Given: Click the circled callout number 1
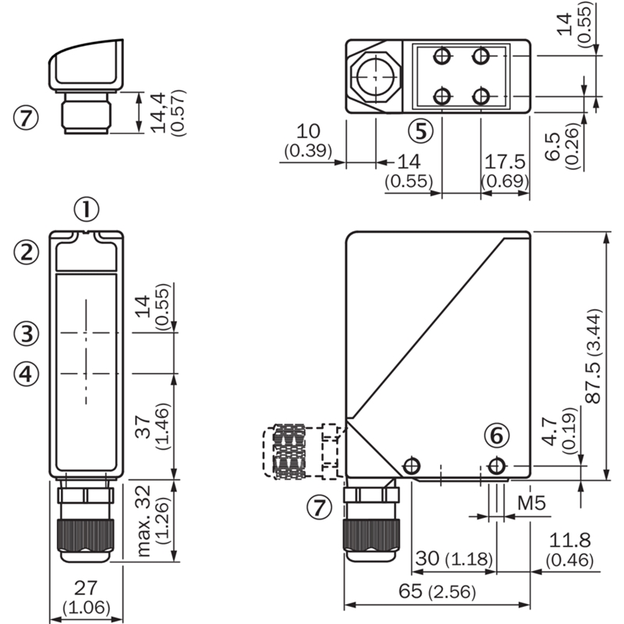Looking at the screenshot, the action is [x=87, y=210].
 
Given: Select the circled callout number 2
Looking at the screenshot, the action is [x=27, y=252].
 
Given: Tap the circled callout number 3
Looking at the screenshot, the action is [x=27, y=333].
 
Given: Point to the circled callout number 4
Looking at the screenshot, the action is [x=27, y=374].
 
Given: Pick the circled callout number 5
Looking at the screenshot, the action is [x=420, y=131].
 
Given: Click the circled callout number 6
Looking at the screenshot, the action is [x=497, y=435].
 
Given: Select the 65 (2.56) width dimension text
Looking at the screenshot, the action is [x=437, y=591].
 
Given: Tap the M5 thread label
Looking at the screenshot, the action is [x=531, y=503].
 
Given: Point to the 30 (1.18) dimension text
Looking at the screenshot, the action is [x=454, y=558].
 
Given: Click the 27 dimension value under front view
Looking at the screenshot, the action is [x=86, y=588].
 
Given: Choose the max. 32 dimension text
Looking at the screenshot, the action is [x=144, y=520].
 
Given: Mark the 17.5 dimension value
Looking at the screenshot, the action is [x=505, y=161].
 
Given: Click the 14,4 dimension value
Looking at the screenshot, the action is [x=158, y=112].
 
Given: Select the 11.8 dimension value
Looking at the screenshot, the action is [x=569, y=540].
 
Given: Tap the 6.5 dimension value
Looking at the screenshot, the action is [x=552, y=147].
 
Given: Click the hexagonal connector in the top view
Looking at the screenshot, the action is [x=376, y=76].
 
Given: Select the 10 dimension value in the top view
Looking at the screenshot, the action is [x=308, y=131].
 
